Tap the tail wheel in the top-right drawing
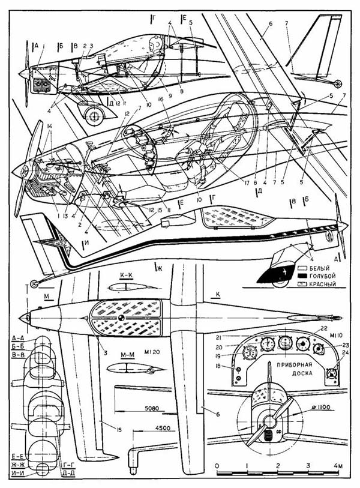(338, 84)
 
